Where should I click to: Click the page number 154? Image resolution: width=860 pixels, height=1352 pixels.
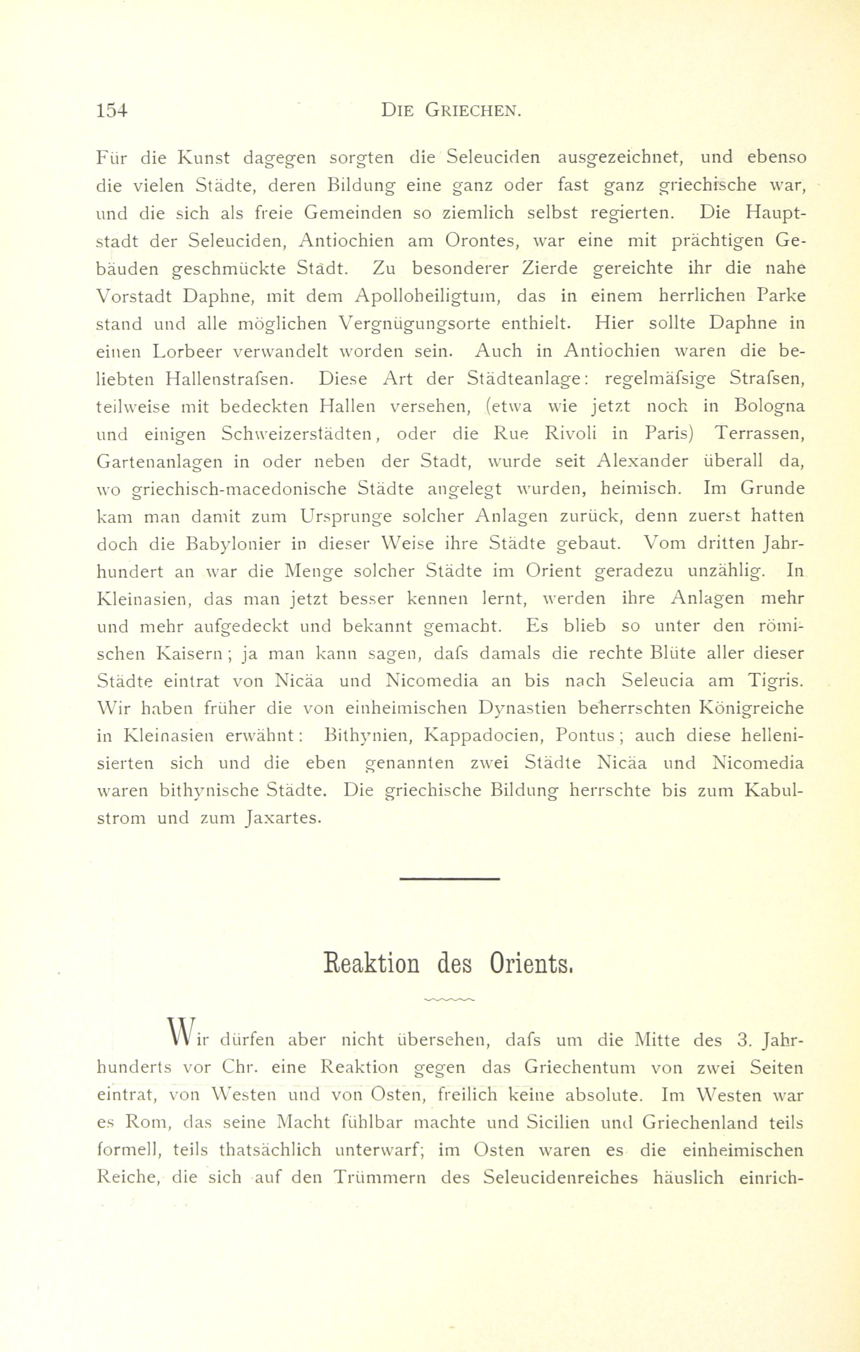point(112,110)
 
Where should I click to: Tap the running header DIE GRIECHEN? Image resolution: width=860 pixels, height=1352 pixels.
point(452,110)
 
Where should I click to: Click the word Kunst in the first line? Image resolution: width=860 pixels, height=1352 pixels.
point(203,158)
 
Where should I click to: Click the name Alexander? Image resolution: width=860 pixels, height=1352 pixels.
point(643,461)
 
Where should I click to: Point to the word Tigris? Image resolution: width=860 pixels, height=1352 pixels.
point(776,681)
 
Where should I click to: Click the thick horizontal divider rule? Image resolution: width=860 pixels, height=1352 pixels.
point(450,879)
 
